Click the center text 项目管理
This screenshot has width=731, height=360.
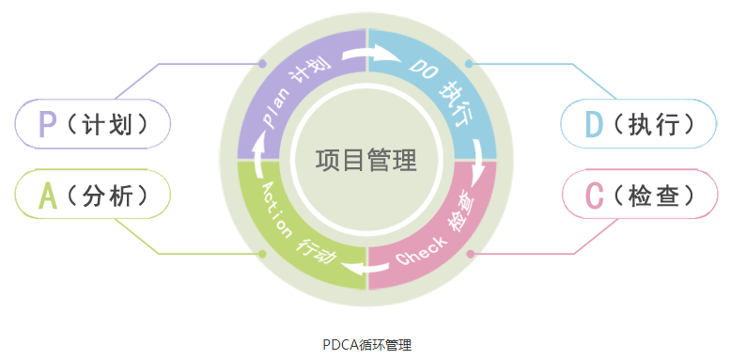click(365, 160)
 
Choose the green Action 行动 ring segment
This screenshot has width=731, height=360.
click(291, 230)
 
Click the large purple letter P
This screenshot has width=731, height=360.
click(46, 124)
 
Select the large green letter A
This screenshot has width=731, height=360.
click(46, 195)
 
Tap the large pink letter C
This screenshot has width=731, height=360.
click(593, 195)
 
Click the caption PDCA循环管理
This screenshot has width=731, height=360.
click(365, 344)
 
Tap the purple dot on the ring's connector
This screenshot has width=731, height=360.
click(263, 64)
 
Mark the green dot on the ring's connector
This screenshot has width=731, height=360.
click(262, 254)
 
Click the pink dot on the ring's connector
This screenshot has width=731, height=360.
click(470, 254)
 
